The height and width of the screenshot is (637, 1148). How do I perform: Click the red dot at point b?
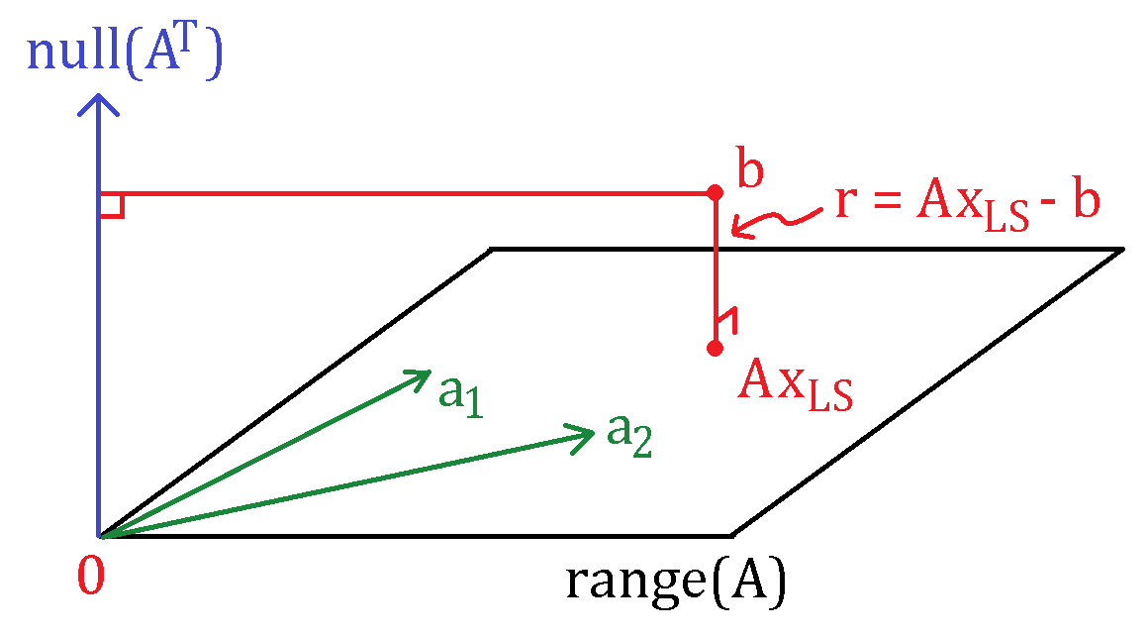coord(716,193)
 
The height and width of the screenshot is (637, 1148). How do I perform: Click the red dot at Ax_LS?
coord(716,348)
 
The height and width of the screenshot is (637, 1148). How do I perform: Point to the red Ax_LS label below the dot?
coord(795,384)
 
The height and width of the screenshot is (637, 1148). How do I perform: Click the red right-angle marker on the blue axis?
coord(112,206)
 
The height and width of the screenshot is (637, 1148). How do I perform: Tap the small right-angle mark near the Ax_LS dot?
coord(728,320)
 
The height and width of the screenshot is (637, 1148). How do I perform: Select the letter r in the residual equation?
coord(846,202)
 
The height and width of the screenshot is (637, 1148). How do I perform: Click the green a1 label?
coord(460,395)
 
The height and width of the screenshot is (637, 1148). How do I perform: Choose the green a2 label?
coord(628,436)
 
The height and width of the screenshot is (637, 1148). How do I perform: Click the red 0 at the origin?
coord(91,576)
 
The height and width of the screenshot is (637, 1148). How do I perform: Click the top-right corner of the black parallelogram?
coord(1122,250)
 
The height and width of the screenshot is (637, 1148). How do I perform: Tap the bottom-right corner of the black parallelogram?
coord(732,536)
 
